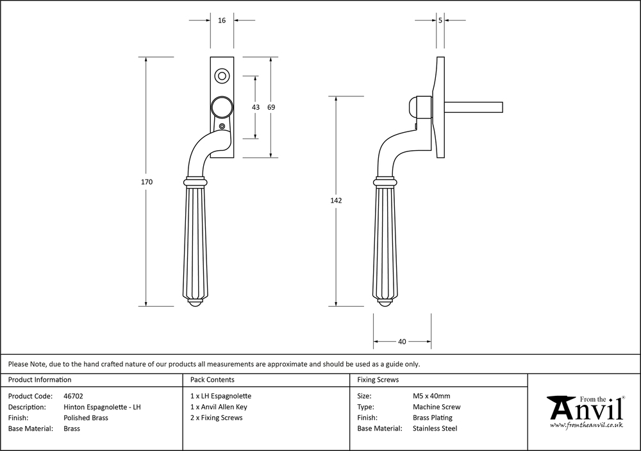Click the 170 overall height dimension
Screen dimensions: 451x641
click(x=147, y=182)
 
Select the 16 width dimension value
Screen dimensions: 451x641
click(x=222, y=21)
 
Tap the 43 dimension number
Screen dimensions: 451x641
click(x=256, y=107)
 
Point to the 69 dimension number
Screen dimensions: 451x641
click(x=271, y=107)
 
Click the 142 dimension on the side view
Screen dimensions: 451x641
click(x=336, y=201)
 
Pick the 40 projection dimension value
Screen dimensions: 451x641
click(x=402, y=341)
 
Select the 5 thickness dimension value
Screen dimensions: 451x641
click(x=440, y=21)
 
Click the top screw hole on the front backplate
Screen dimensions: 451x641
click(x=222, y=76)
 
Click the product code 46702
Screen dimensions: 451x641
click(x=74, y=396)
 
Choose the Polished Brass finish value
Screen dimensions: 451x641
click(x=86, y=418)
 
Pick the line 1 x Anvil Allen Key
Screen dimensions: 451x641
click(x=219, y=407)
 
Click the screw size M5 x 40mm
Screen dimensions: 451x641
click(x=431, y=396)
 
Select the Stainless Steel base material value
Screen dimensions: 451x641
click(x=435, y=429)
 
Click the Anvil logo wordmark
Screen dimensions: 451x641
click(x=585, y=407)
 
